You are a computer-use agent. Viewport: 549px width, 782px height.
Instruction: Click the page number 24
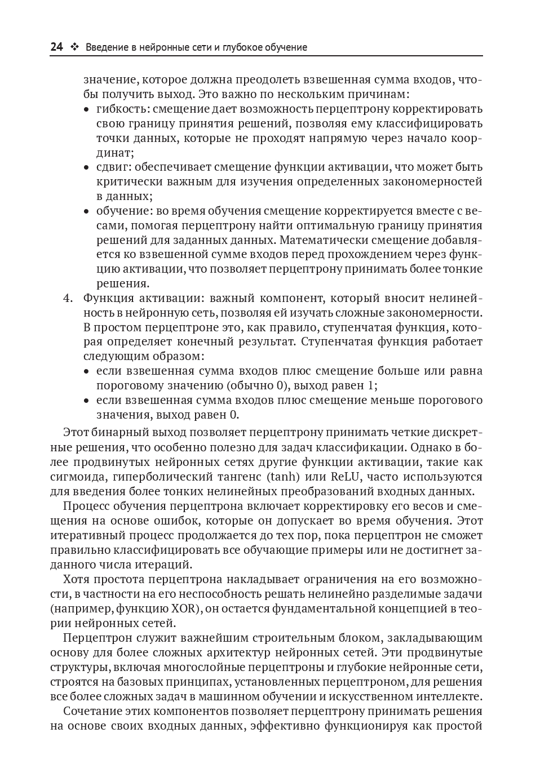(56, 47)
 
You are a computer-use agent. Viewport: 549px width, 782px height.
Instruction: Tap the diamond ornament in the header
(74, 47)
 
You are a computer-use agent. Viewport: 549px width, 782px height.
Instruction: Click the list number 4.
(67, 298)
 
